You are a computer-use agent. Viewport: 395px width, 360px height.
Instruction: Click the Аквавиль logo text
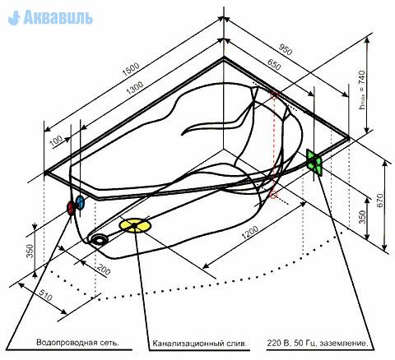[58, 17]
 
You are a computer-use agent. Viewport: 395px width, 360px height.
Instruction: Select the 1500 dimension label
[131, 70]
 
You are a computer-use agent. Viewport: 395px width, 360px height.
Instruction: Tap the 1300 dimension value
[135, 88]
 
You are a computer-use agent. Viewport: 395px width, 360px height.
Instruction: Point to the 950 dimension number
[286, 49]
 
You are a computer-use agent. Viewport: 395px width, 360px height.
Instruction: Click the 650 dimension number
[274, 65]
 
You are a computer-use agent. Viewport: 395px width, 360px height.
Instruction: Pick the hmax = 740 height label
[363, 90]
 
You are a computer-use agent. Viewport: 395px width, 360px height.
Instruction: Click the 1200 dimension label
[249, 233]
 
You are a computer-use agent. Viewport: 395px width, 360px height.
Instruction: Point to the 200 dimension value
[104, 270]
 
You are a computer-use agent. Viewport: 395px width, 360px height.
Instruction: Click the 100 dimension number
[57, 141]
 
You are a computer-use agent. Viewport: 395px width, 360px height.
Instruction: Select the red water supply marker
[71, 208]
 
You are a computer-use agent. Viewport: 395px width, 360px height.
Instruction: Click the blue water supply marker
[80, 203]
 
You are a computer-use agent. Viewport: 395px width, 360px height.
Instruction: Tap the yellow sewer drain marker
[135, 225]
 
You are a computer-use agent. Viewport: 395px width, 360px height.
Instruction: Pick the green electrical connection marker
[314, 163]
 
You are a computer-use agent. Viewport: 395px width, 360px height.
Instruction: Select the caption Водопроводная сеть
[77, 343]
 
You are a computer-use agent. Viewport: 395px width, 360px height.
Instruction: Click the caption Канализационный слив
[200, 344]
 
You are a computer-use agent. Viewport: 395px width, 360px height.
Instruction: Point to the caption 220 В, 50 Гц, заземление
[317, 344]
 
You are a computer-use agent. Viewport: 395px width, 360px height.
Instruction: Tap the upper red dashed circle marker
[274, 95]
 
